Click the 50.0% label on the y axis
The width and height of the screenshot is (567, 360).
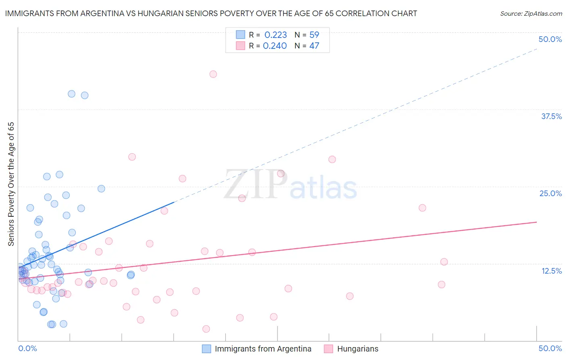pyautogui.click(x=550, y=39)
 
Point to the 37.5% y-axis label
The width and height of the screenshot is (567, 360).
pyautogui.click(x=551, y=116)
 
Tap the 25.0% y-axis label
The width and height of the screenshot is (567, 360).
pyautogui.click(x=550, y=193)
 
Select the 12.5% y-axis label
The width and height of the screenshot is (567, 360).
pyautogui.click(x=551, y=271)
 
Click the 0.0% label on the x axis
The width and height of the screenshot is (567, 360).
pyautogui.click(x=27, y=348)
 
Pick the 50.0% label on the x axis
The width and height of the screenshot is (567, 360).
pyautogui.click(x=550, y=348)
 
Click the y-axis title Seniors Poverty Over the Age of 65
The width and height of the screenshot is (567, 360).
pyautogui.click(x=11, y=184)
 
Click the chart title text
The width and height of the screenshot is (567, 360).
pyautogui.click(x=211, y=13)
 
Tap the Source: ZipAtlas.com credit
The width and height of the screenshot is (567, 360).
pyautogui.click(x=531, y=13)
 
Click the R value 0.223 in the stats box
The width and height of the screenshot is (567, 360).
pyautogui.click(x=275, y=35)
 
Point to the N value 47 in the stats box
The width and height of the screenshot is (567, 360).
pyautogui.click(x=314, y=46)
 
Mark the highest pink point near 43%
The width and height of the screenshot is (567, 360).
pyautogui.click(x=213, y=74)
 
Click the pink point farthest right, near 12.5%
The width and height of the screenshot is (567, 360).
pyautogui.click(x=444, y=262)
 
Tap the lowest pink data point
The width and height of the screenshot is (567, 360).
pyautogui.click(x=206, y=329)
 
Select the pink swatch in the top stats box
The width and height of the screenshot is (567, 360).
pyautogui.click(x=241, y=46)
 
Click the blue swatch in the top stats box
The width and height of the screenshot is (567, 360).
pyautogui.click(x=241, y=35)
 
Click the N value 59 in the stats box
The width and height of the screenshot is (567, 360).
pyautogui.click(x=314, y=35)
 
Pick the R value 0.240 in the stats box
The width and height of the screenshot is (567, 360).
pyautogui.click(x=275, y=46)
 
